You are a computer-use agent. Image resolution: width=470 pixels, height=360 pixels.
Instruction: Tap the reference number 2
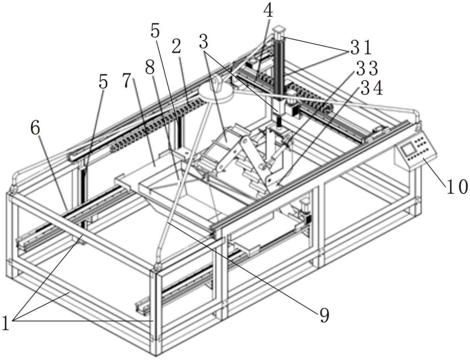click(x=176, y=47)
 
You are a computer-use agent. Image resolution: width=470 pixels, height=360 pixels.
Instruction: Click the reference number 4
click(x=268, y=10)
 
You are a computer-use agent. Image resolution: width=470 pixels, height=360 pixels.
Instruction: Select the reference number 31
click(x=360, y=47)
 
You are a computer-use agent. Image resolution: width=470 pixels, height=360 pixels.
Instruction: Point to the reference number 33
click(x=368, y=69)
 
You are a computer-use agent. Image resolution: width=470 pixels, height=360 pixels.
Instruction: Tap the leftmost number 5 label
click(x=103, y=82)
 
